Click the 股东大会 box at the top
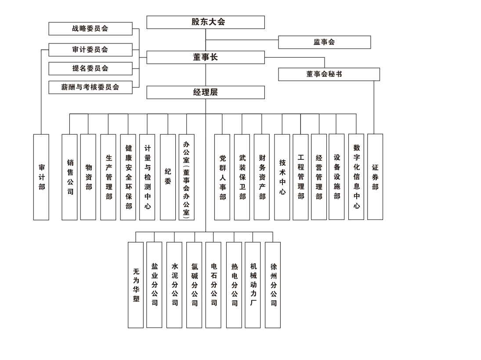206,22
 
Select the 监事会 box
324,42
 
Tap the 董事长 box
206,58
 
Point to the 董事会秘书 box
329,74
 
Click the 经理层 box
206,92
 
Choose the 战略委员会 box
90,29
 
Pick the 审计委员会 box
90,50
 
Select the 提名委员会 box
90,68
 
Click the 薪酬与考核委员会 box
90,87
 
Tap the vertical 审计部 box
41,177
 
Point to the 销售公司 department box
69,177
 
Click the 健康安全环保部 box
128,177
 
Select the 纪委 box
168,177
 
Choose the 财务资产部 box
262,177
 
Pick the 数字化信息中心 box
356,176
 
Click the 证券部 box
375,176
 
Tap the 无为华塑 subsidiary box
136,285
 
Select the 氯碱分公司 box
194,285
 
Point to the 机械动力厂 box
253,285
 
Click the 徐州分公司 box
273,285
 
